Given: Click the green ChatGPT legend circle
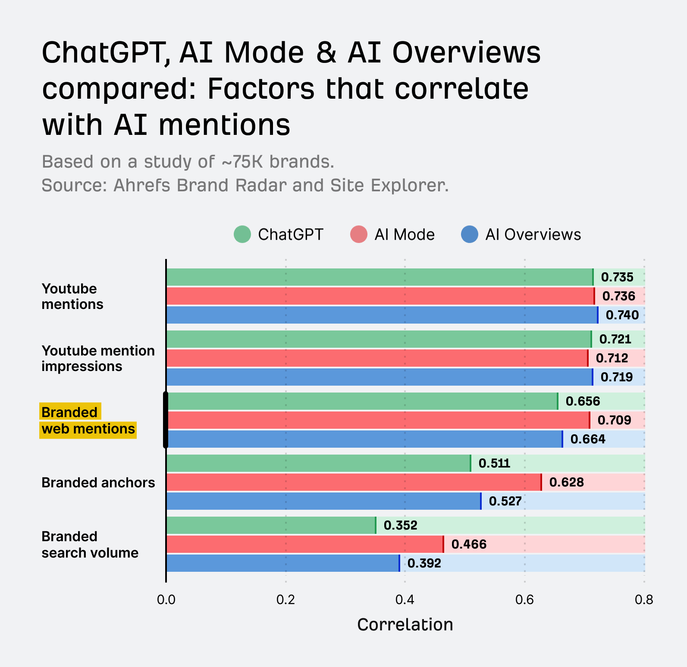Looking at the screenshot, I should tap(242, 234).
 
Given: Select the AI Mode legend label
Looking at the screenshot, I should tap(405, 234).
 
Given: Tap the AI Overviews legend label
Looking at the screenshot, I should tap(533, 234).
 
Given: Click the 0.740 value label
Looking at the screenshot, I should tap(622, 315).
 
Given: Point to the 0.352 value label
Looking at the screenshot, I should tap(400, 525).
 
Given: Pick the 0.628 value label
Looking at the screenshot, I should tap(566, 482).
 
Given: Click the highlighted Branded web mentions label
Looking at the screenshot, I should tap(88, 421).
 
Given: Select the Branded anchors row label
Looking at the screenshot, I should tap(98, 483).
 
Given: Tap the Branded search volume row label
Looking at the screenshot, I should tap(90, 545).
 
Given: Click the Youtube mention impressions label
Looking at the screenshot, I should tap(98, 358).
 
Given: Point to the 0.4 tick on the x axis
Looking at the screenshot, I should tap(405, 599).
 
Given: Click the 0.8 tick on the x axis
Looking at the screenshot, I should tap(644, 599).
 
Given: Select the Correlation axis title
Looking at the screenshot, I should tap(405, 625).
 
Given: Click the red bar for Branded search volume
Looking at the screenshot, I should tap(304, 544).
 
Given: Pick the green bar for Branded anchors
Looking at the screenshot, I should tap(318, 463).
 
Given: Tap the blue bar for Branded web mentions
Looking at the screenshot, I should tap(364, 439).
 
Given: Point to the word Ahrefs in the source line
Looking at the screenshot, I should tap(142, 185).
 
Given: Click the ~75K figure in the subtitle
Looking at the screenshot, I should tap(242, 162).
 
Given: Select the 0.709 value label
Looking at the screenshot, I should tap(614, 420).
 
